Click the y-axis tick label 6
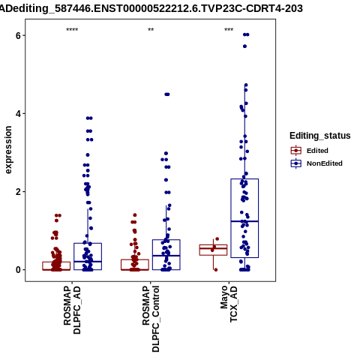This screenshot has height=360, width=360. click(18, 35)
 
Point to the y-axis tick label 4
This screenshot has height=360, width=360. click(18, 114)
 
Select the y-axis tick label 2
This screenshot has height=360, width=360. click(18, 192)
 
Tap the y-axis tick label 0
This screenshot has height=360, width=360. click(18, 270)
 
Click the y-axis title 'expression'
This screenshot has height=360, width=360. click(8, 150)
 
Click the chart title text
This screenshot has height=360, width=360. click(151, 8)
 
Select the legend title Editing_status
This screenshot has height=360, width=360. click(320, 136)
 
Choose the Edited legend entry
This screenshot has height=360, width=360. click(310, 151)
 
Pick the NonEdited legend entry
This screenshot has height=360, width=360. click(316, 163)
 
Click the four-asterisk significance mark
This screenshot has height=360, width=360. click(72, 30)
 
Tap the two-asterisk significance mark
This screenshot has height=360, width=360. click(151, 30)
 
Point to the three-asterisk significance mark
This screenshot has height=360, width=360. click(229, 30)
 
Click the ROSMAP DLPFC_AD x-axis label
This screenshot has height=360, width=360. click(72, 310)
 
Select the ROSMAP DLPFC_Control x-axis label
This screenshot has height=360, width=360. click(151, 319)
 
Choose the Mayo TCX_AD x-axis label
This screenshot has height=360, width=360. click(229, 304)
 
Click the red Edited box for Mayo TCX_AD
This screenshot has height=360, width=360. click(213, 245)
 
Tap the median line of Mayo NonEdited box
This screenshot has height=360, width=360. click(244, 221)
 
